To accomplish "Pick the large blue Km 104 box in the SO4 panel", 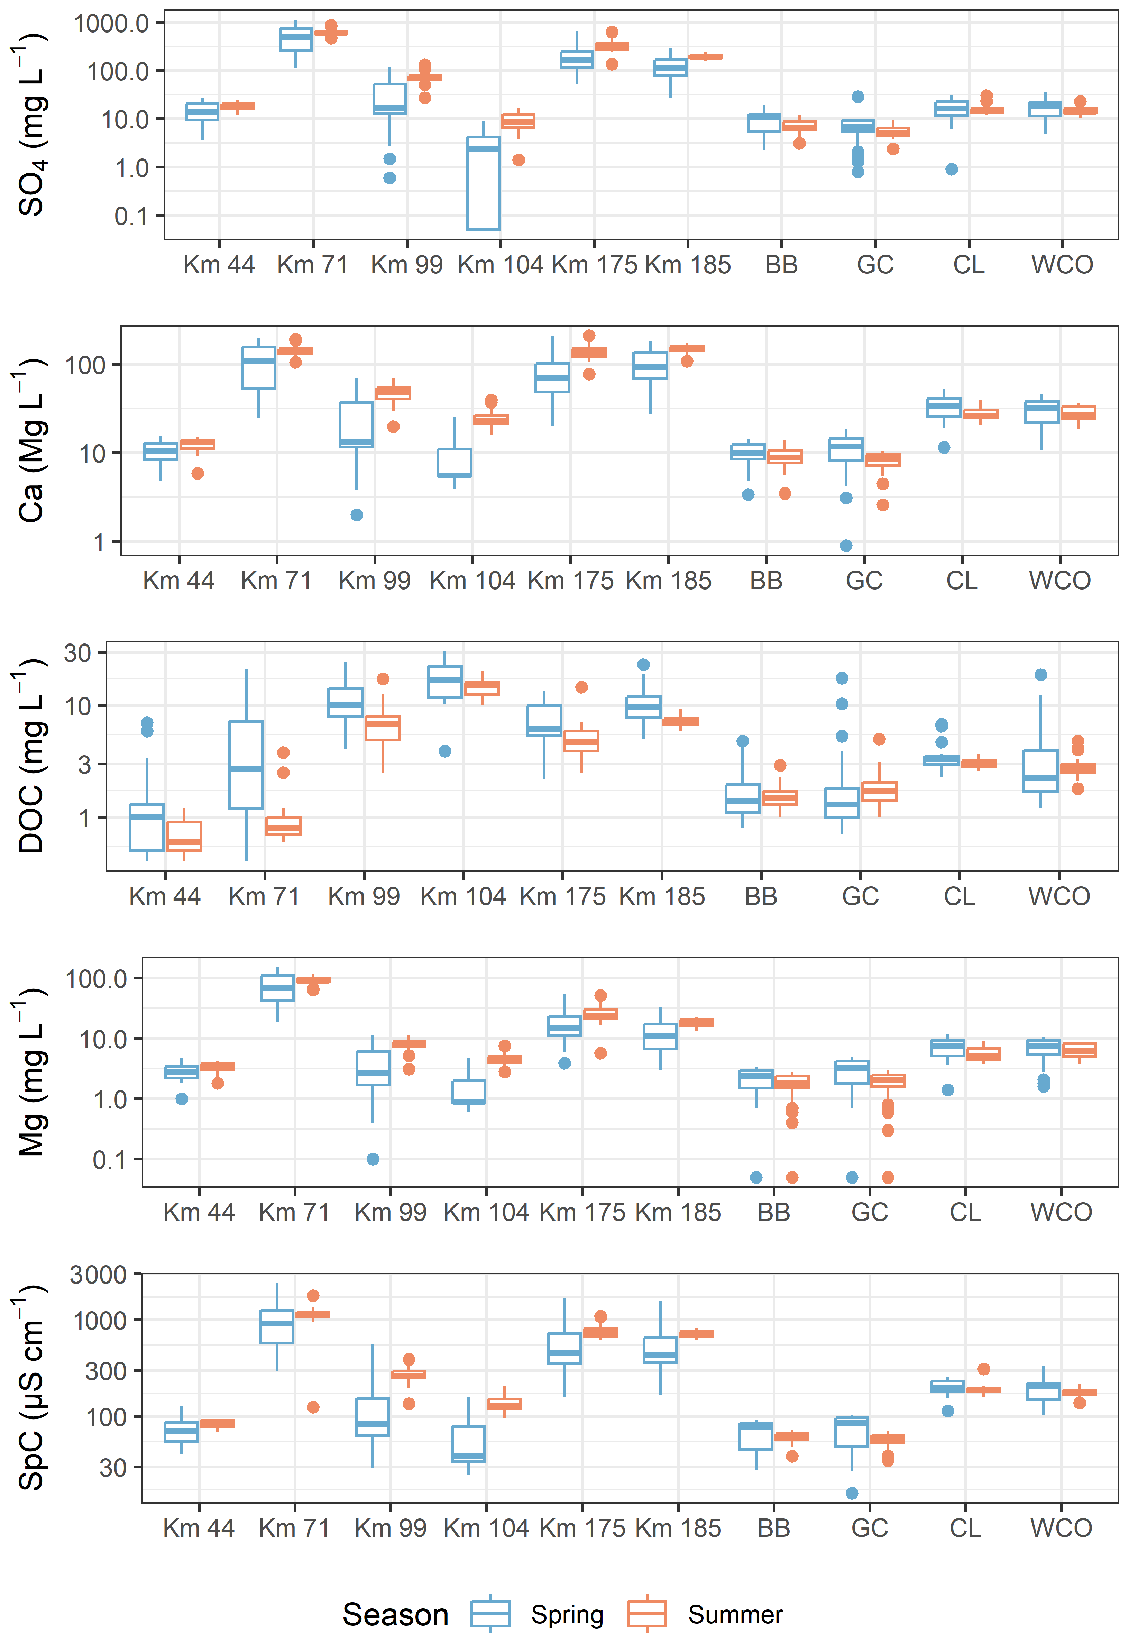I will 483,183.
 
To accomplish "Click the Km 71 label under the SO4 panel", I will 313,265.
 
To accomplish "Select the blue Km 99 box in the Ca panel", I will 357,425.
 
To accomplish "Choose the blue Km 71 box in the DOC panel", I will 246,764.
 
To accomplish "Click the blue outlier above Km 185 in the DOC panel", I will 643,664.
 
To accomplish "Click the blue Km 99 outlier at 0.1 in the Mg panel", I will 373,1159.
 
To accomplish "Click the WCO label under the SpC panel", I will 1061,1528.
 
